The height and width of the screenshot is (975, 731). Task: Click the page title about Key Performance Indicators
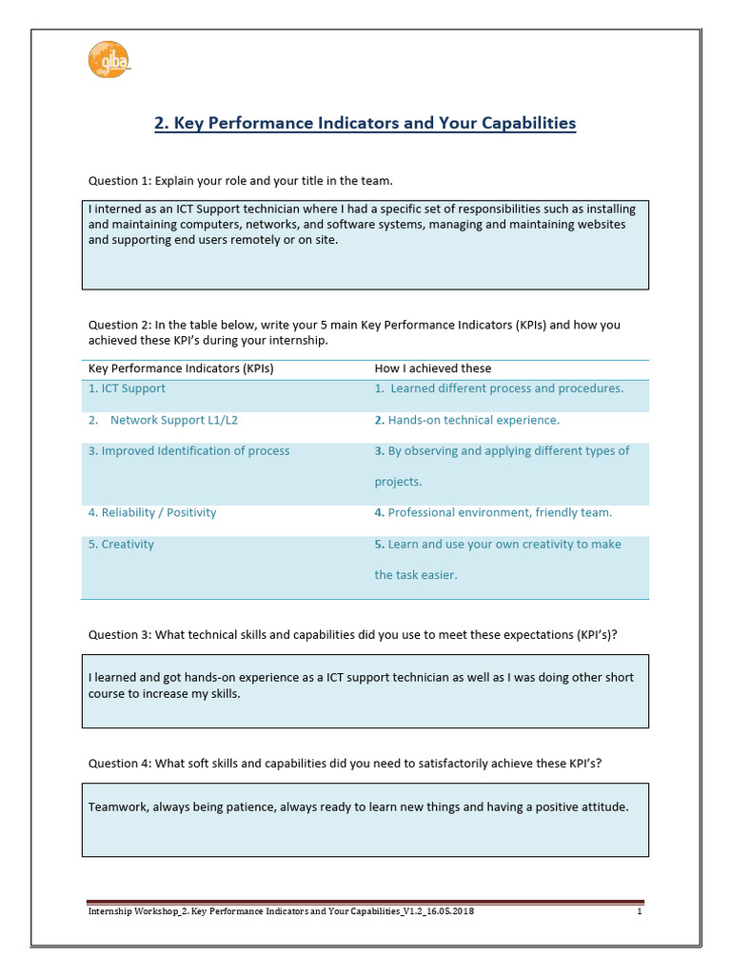[365, 123]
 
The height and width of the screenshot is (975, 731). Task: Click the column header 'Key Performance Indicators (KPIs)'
[181, 368]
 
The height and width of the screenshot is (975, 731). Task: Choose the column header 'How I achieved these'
[433, 368]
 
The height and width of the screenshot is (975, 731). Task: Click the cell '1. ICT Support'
[127, 388]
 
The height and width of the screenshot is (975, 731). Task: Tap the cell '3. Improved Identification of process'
[188, 451]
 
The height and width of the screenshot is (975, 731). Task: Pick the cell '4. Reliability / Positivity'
[152, 513]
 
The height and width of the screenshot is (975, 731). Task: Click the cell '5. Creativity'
[121, 545]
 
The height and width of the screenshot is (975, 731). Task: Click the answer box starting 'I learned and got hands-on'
[365, 690]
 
